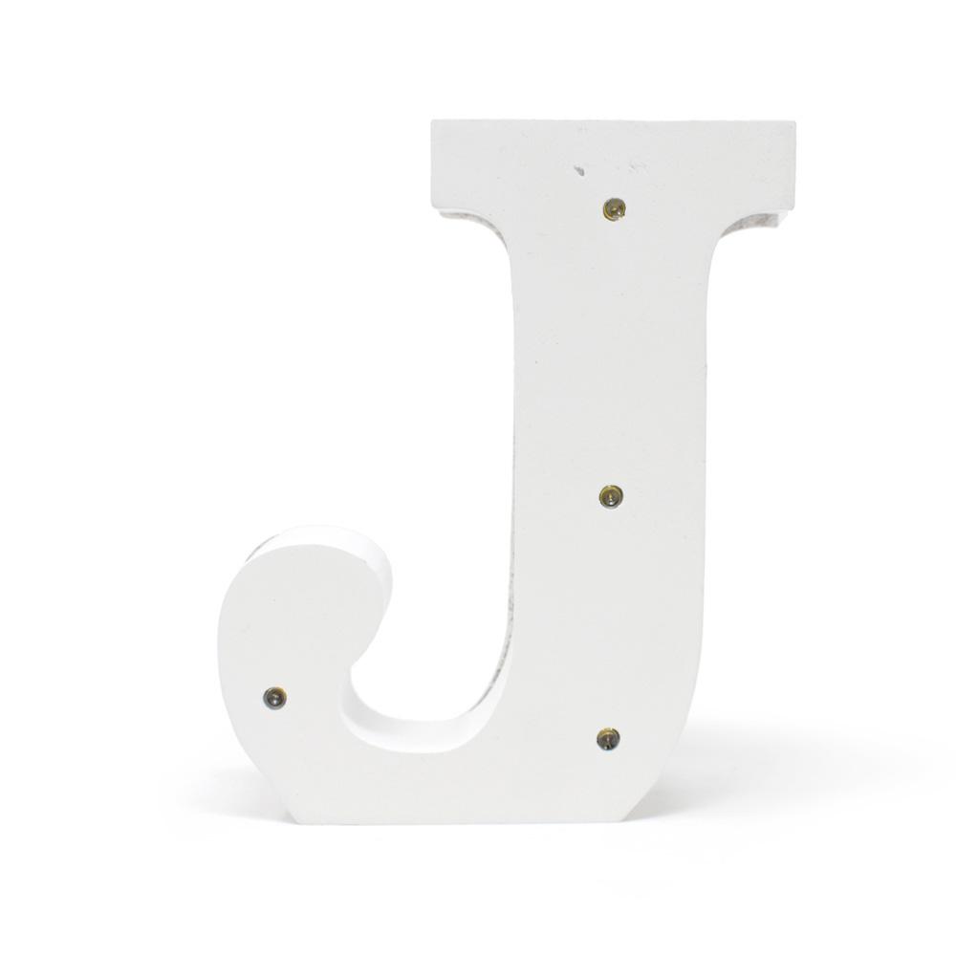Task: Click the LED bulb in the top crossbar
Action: click(x=614, y=208)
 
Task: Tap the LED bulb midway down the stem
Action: click(x=611, y=496)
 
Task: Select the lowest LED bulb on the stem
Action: click(x=608, y=738)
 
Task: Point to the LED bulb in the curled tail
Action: click(x=274, y=698)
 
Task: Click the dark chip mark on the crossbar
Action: click(x=579, y=172)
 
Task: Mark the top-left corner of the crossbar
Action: click(x=433, y=122)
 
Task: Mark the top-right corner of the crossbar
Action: click(x=794, y=122)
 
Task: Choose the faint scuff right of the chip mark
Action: click(x=637, y=167)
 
